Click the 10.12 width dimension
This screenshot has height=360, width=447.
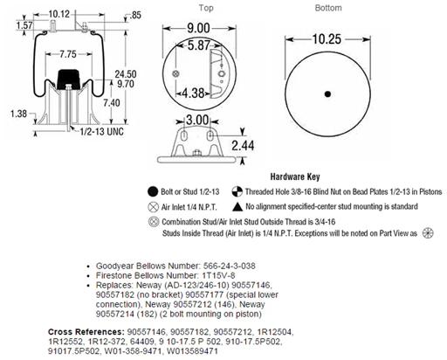[59, 14]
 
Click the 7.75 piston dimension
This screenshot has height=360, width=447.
[68, 54]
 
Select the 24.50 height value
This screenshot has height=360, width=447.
[126, 74]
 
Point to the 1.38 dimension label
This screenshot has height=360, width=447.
[18, 114]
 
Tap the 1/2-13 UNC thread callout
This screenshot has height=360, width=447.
[102, 132]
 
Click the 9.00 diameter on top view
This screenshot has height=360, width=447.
[198, 28]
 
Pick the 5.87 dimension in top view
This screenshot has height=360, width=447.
[199, 45]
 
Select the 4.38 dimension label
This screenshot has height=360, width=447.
[193, 93]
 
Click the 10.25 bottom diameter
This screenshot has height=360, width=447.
[327, 39]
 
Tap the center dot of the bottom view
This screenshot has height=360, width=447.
[327, 94]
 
